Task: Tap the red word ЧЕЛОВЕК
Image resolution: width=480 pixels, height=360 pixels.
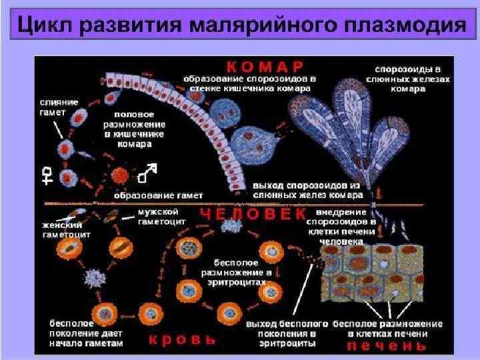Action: pos(253,213)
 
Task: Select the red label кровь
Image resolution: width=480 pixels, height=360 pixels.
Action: pos(181,339)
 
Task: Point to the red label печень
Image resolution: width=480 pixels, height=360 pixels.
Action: pos(386,345)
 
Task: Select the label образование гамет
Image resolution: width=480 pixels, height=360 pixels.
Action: pos(159,196)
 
